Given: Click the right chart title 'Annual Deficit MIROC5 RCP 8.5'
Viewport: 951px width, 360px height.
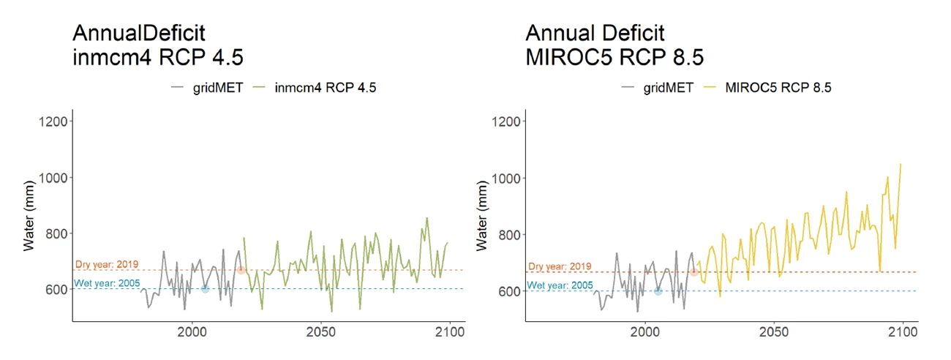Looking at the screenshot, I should [x=614, y=45].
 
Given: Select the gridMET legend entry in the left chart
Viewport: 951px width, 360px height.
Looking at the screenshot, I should [x=206, y=88].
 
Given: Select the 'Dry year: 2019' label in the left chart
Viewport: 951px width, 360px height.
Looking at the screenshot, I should [x=107, y=264].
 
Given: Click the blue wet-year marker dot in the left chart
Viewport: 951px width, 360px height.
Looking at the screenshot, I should [x=205, y=289].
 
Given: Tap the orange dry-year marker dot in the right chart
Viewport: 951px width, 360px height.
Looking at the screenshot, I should [x=694, y=272].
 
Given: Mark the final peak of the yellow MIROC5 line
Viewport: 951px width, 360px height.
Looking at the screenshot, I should [x=901, y=165].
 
